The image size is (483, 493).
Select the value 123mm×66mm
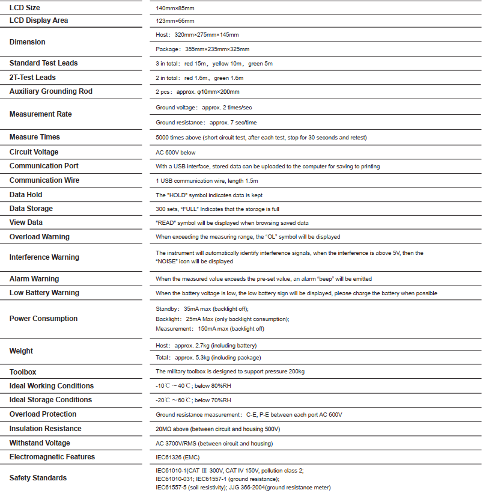tap(175, 21)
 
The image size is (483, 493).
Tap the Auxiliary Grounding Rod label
tap(51, 91)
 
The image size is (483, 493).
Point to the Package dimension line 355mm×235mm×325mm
tap(202, 49)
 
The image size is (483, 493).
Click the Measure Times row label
tap(35, 137)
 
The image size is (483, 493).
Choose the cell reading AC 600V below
tap(175, 153)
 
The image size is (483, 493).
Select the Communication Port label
tap(44, 166)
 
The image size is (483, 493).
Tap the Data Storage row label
tap(31, 209)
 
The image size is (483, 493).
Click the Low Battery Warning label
tap(44, 293)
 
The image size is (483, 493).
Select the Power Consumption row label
tap(43, 319)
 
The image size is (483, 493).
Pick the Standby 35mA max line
tap(202, 308)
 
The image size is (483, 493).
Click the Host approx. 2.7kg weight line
tap(206, 346)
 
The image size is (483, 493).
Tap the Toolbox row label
tap(23, 372)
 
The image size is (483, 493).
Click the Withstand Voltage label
tap(40, 443)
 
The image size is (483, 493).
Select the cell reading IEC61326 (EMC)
tap(179, 458)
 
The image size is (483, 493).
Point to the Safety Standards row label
tap(38, 478)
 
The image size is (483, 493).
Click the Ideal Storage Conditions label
tap(51, 400)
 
